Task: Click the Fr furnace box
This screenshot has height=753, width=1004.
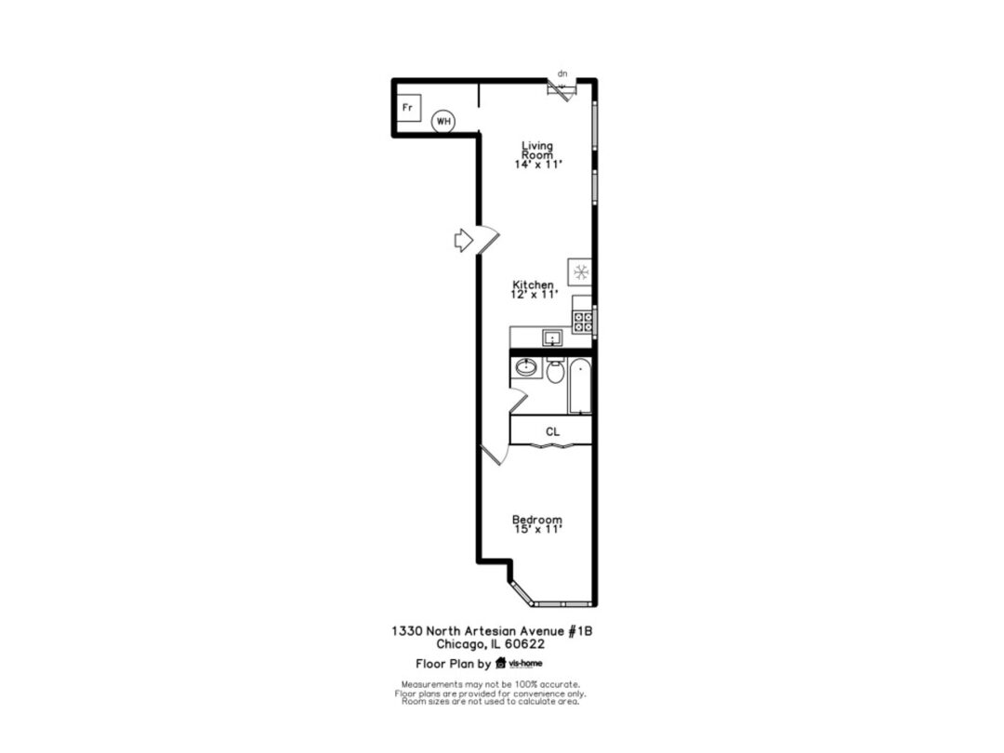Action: pos(408,108)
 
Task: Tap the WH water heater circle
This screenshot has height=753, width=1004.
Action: pos(443,121)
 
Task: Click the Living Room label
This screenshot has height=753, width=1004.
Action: pos(537,151)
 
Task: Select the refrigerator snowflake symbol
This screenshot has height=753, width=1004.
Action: pos(581,272)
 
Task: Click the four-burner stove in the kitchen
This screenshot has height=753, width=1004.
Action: pos(583,322)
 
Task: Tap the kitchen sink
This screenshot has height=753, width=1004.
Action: pos(552,337)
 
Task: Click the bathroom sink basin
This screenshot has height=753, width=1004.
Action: pos(526,367)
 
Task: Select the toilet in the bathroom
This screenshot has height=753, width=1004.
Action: pos(555,371)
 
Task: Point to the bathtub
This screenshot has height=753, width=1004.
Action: pos(580,386)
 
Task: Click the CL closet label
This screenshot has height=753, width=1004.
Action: pos(552,432)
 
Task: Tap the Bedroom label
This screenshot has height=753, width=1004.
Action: pos(537,520)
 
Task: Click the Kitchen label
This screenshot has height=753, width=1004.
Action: pos(534,284)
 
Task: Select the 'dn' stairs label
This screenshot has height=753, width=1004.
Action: pos(562,73)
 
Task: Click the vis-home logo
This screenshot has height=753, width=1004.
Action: pos(520,664)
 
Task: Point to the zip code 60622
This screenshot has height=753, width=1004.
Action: pos(524,644)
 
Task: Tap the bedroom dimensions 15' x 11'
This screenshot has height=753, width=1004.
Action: pos(538,530)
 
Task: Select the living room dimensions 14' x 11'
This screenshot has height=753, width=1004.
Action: pos(538,165)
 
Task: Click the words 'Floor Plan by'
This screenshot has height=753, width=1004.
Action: pos(454,664)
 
